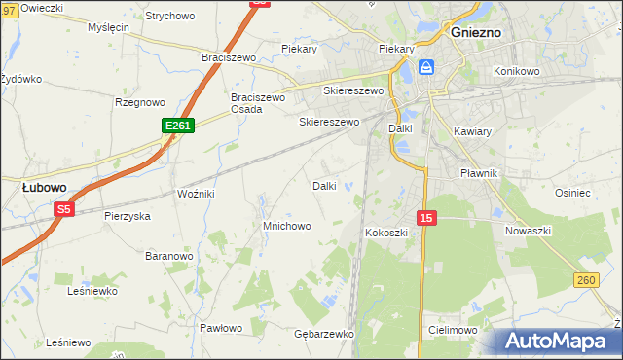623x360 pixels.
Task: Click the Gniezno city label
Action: click(477, 31)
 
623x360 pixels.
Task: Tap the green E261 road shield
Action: click(179, 126)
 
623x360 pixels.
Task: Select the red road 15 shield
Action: click(425, 218)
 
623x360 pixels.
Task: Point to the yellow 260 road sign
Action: click(585, 280)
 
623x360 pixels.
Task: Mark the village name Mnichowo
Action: click(286, 226)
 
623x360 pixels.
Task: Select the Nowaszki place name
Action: click(529, 231)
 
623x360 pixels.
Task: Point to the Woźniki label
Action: click(196, 195)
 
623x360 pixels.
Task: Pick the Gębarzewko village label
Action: click(323, 333)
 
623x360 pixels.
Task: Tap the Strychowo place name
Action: click(169, 17)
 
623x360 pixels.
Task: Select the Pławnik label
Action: click(479, 173)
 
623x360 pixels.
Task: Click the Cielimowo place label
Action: click(452, 331)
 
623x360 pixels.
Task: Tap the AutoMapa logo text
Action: click(561, 342)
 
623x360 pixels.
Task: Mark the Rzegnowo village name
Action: click(139, 102)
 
